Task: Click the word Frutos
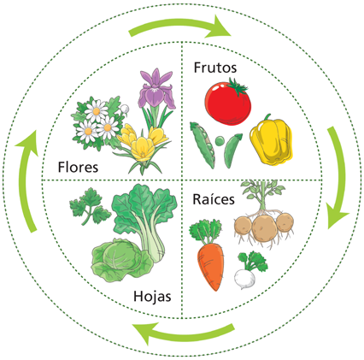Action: [215, 68]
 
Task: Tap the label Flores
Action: [78, 167]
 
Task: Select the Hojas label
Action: [152, 297]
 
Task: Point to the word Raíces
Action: [214, 199]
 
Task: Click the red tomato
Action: [227, 103]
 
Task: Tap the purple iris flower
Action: [156, 90]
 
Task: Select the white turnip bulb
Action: [245, 279]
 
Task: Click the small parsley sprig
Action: [90, 206]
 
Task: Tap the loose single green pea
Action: [220, 140]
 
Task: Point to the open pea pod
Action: [203, 145]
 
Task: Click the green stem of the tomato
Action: [238, 86]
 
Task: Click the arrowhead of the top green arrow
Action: [220, 27]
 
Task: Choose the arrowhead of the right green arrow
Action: [338, 215]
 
